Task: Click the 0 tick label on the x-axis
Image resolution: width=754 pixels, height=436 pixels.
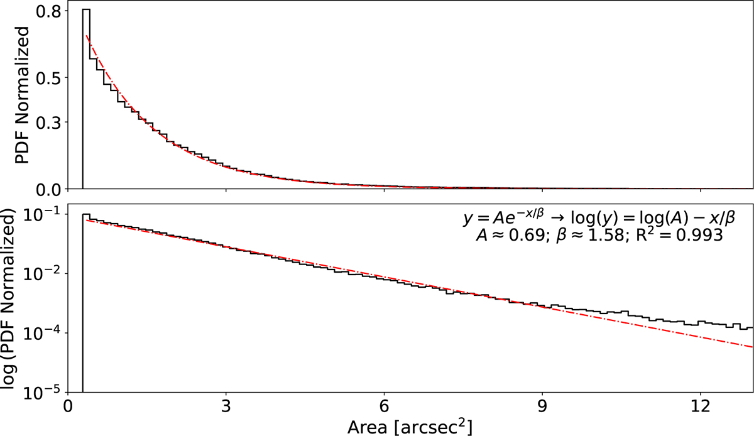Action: [68, 407]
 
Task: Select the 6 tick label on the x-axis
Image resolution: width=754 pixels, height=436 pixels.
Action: [384, 407]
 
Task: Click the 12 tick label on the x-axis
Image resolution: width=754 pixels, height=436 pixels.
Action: [700, 407]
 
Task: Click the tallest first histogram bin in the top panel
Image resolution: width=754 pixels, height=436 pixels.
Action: [86, 94]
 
